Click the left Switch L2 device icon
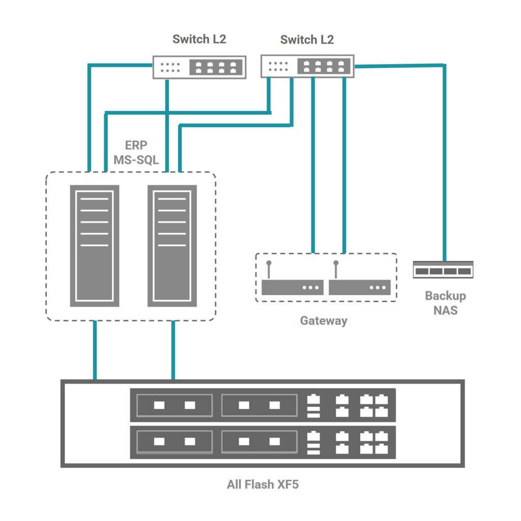click(199, 67)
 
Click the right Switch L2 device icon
click(307, 67)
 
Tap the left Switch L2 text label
click(199, 39)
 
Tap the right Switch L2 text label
click(307, 39)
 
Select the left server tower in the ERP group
click(94, 246)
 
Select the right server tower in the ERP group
click(172, 246)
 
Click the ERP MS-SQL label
click(136, 153)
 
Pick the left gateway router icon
click(292, 287)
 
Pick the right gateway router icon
click(360, 287)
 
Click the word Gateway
click(324, 321)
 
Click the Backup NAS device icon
click(443, 270)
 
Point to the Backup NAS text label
click(445, 303)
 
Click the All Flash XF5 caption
click(263, 484)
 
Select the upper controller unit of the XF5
click(263, 405)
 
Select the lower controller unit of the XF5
click(263, 442)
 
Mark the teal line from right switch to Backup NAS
click(444, 163)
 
